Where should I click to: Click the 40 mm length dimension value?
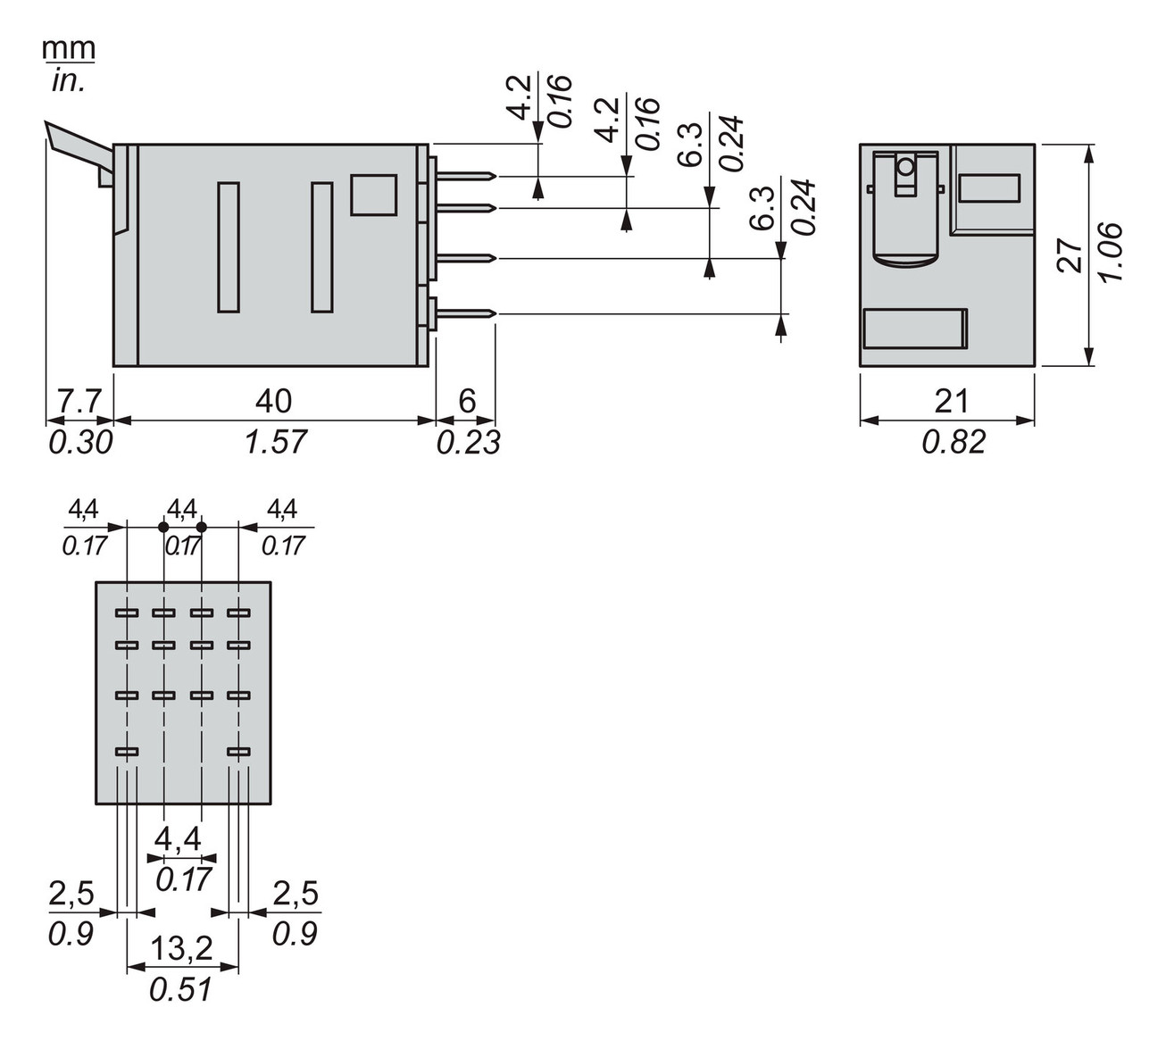tap(274, 401)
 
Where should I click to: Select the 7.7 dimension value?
tap(78, 401)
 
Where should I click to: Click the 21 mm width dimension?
tap(951, 401)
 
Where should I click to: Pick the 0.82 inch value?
tap(953, 441)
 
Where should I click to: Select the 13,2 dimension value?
tap(183, 948)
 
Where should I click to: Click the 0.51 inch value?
tap(183, 989)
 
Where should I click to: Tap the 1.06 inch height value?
tap(1111, 253)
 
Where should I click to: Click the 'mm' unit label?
tap(69, 48)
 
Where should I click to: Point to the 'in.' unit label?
tap(68, 82)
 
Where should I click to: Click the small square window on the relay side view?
tap(373, 195)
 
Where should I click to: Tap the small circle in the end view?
tap(905, 166)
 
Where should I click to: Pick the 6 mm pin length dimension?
tap(467, 401)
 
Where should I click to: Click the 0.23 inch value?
tap(468, 441)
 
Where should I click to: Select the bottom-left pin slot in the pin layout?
tap(128, 753)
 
